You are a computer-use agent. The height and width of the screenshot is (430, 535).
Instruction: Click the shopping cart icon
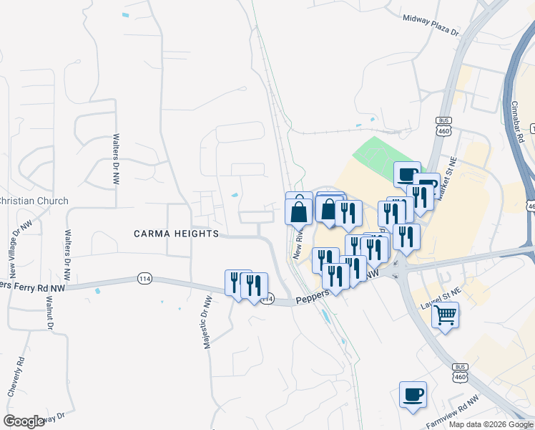(445, 315)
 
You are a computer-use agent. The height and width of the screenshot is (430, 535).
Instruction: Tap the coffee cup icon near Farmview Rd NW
(413, 394)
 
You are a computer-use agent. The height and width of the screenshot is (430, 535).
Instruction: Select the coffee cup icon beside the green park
(407, 174)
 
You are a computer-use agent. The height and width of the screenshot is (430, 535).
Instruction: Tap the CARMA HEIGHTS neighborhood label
(175, 234)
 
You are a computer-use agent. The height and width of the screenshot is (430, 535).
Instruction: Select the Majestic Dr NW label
(206, 322)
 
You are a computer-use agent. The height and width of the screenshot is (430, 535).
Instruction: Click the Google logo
(24, 421)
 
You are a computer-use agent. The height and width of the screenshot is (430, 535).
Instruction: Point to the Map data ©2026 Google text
(491, 424)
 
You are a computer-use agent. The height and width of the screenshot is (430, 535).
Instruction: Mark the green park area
(383, 155)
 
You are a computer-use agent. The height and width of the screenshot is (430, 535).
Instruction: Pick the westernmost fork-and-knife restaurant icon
(237, 282)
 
